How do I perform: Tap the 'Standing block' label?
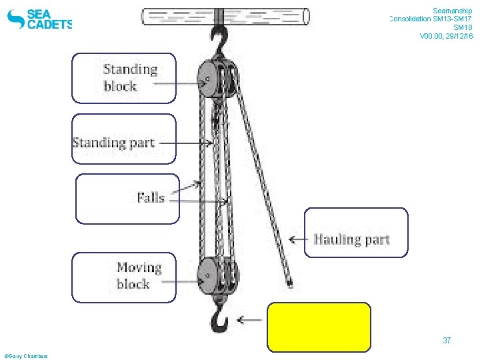[x=130, y=77]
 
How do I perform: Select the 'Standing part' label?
[x=113, y=142]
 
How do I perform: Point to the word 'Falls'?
[x=151, y=197]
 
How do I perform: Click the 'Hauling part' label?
[x=351, y=239]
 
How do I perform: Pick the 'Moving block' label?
[x=139, y=275]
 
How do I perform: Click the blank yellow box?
[x=319, y=327]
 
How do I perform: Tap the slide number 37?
[x=447, y=341]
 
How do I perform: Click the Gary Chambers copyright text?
[x=25, y=356]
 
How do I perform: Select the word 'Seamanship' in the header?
[x=452, y=11]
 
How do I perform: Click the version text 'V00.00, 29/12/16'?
[x=446, y=36]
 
